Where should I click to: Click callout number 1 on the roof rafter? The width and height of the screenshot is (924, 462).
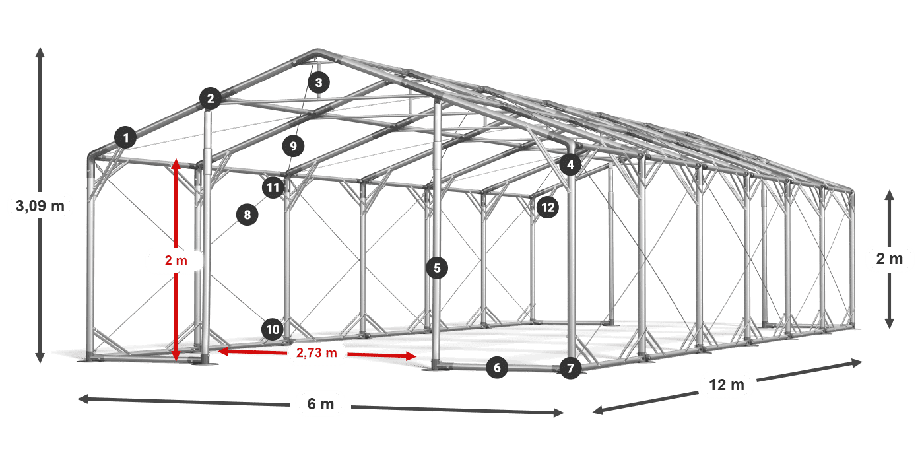coord(126,137)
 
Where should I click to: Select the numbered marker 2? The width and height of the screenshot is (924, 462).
coord(211,98)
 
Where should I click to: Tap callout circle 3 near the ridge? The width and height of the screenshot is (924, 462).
coord(318,83)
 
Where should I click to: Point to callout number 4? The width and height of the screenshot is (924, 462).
coord(570,165)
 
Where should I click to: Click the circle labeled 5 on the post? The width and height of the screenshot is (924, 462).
coord(437,268)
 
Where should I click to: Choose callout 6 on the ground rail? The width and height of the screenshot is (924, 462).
coord(497,368)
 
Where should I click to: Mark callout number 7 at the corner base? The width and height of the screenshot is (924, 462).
coord(570,368)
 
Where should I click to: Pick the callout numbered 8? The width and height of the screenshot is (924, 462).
coord(247,215)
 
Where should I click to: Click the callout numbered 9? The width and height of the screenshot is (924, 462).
coord(293,146)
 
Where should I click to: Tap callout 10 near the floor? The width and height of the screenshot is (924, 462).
coord(273,329)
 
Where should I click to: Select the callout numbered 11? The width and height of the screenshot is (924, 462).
coord(273,188)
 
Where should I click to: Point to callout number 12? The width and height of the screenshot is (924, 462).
coord(548,207)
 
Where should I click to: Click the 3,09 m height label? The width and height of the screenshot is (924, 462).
coord(40,206)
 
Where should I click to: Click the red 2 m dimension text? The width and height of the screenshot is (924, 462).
coord(176,260)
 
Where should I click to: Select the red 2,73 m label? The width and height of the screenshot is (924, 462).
coord(317,352)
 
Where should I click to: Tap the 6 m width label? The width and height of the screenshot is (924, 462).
coord(321,404)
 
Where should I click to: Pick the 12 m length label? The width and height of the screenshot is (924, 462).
coord(727,385)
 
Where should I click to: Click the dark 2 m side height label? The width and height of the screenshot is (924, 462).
coord(890,259)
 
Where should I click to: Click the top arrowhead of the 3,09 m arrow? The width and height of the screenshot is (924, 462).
coord(40,52)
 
